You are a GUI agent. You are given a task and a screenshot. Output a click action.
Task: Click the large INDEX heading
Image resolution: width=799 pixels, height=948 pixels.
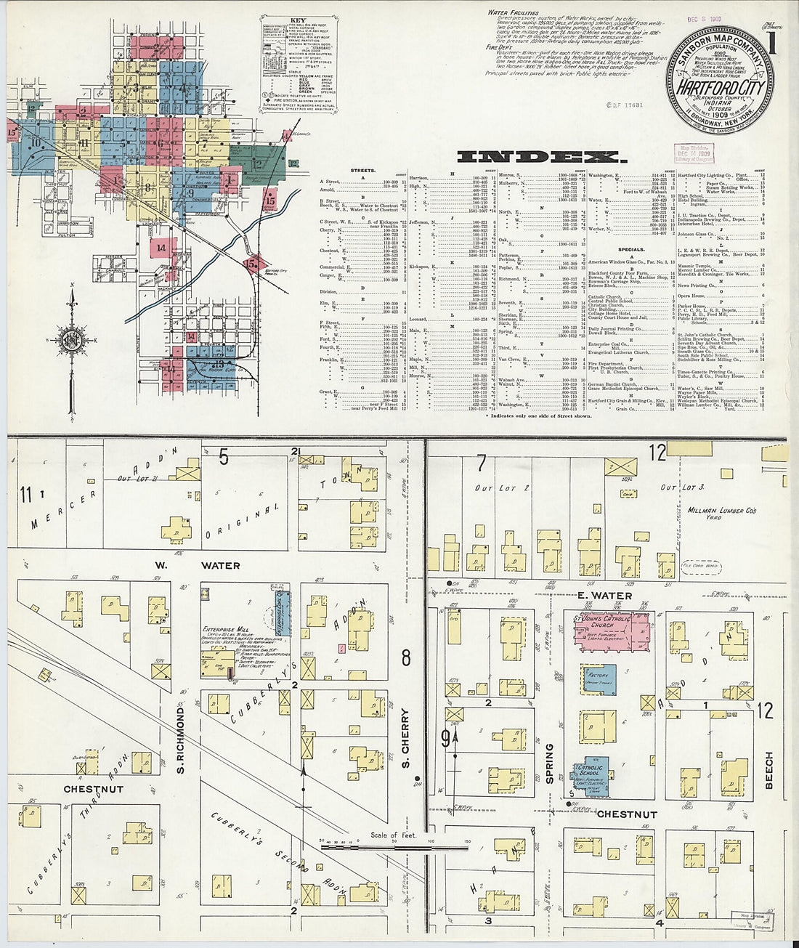point(533,157)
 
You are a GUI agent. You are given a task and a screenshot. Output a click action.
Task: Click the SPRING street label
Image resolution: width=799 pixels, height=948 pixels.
point(549,762)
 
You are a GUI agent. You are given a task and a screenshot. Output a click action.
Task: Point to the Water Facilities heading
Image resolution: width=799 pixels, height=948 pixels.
point(512,12)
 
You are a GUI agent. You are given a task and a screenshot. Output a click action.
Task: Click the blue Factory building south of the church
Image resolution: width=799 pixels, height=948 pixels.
point(599,681)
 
